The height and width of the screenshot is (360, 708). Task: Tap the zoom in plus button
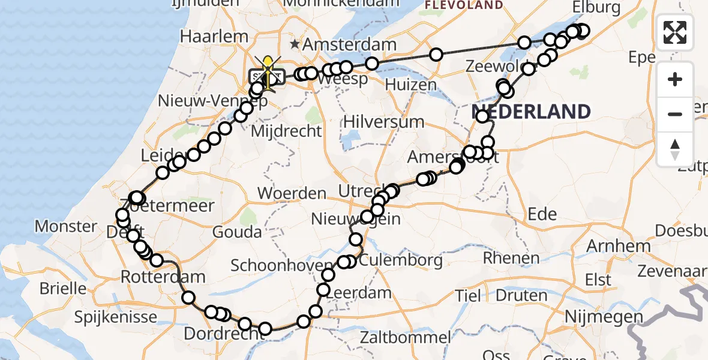(x=675, y=79)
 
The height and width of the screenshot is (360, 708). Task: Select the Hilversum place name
(x=384, y=122)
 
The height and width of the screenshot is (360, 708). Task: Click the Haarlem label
(x=214, y=36)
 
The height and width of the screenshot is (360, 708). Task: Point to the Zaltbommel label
(x=405, y=337)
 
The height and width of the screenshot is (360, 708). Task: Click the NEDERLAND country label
(x=532, y=112)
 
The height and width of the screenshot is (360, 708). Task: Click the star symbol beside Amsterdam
(x=295, y=44)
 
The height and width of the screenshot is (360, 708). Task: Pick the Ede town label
(x=542, y=214)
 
